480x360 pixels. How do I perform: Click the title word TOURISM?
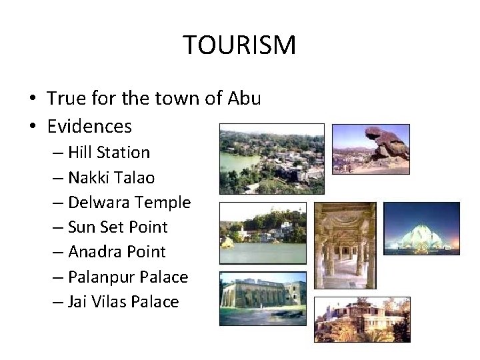click(239, 45)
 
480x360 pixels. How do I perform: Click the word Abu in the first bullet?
click(244, 98)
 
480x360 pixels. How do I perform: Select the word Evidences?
click(89, 125)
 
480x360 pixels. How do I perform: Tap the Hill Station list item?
click(109, 152)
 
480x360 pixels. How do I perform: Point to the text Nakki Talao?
click(111, 177)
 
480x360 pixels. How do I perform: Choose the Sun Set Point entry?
click(117, 227)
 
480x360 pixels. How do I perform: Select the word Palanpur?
click(99, 277)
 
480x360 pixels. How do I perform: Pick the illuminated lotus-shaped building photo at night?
click(421, 227)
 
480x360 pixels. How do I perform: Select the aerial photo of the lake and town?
click(271, 159)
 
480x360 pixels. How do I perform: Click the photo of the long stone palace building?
click(263, 297)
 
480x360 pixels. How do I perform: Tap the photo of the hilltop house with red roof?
click(362, 319)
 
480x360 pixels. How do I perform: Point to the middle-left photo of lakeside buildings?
click(263, 233)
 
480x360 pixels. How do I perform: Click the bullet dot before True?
click(31, 99)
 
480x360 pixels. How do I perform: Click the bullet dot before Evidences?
click(31, 127)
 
